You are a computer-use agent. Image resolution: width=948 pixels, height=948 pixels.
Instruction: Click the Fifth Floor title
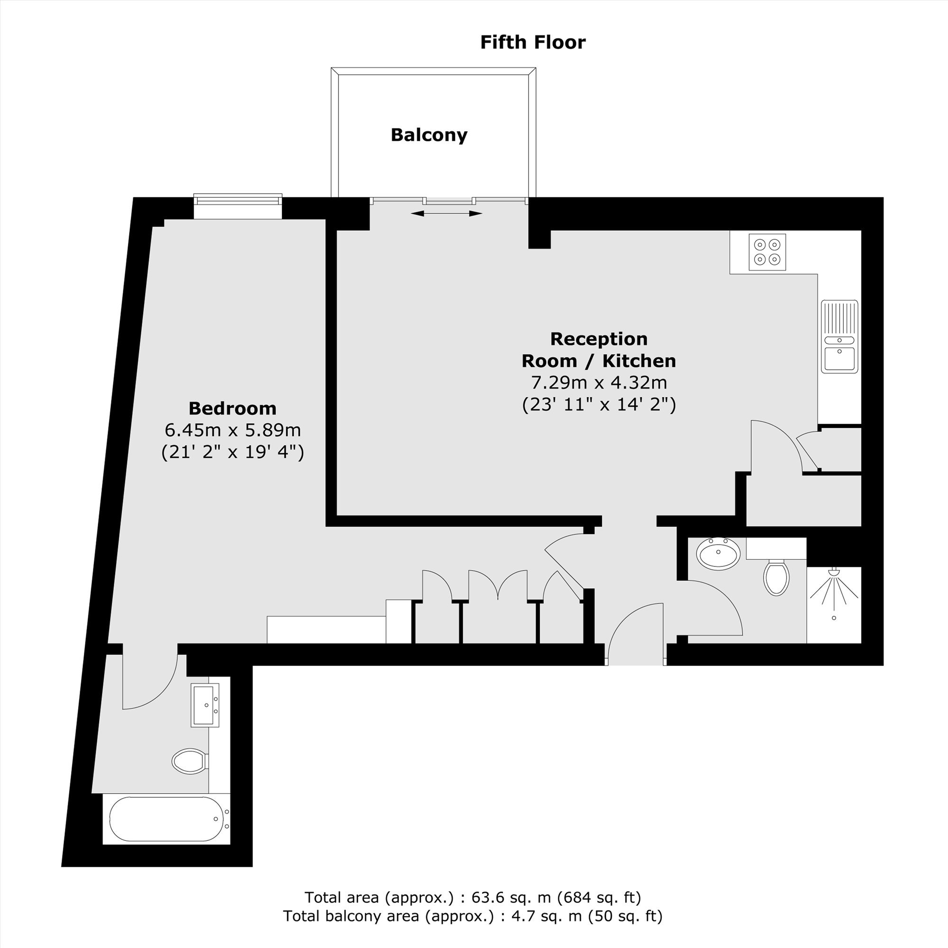click(x=532, y=42)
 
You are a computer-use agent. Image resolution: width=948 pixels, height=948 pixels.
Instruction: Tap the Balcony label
click(x=429, y=135)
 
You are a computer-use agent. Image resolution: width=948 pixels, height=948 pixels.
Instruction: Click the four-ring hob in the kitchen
click(x=767, y=252)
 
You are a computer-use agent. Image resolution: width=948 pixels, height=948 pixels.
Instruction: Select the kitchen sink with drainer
click(x=839, y=337)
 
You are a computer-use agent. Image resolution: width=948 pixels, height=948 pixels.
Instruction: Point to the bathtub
click(x=166, y=819)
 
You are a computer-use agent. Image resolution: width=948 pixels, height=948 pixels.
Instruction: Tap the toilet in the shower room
click(x=776, y=577)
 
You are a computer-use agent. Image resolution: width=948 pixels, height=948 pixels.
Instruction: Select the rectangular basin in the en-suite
click(x=205, y=705)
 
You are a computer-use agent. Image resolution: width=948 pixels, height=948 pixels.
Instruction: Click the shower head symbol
click(x=834, y=593)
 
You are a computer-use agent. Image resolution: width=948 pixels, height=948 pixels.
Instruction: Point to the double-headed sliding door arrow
click(x=447, y=213)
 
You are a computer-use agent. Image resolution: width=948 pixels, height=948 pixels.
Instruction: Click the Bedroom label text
click(x=233, y=408)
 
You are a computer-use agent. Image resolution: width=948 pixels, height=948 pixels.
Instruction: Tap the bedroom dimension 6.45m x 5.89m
click(x=233, y=430)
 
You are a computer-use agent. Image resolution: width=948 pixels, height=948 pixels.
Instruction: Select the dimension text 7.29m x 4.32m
click(x=599, y=382)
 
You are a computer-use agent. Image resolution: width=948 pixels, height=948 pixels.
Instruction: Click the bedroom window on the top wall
click(x=238, y=206)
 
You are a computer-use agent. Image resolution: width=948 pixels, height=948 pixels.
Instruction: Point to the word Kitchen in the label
click(x=639, y=361)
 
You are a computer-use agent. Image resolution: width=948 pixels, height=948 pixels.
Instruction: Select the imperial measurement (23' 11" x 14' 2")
click(x=599, y=404)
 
